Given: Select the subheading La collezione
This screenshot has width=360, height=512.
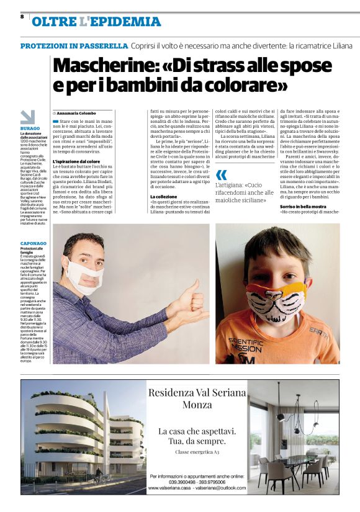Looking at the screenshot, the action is point(164,197).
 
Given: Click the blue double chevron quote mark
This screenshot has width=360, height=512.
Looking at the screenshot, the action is point(221,174).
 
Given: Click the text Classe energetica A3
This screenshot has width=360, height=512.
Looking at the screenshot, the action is point(197,452).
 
